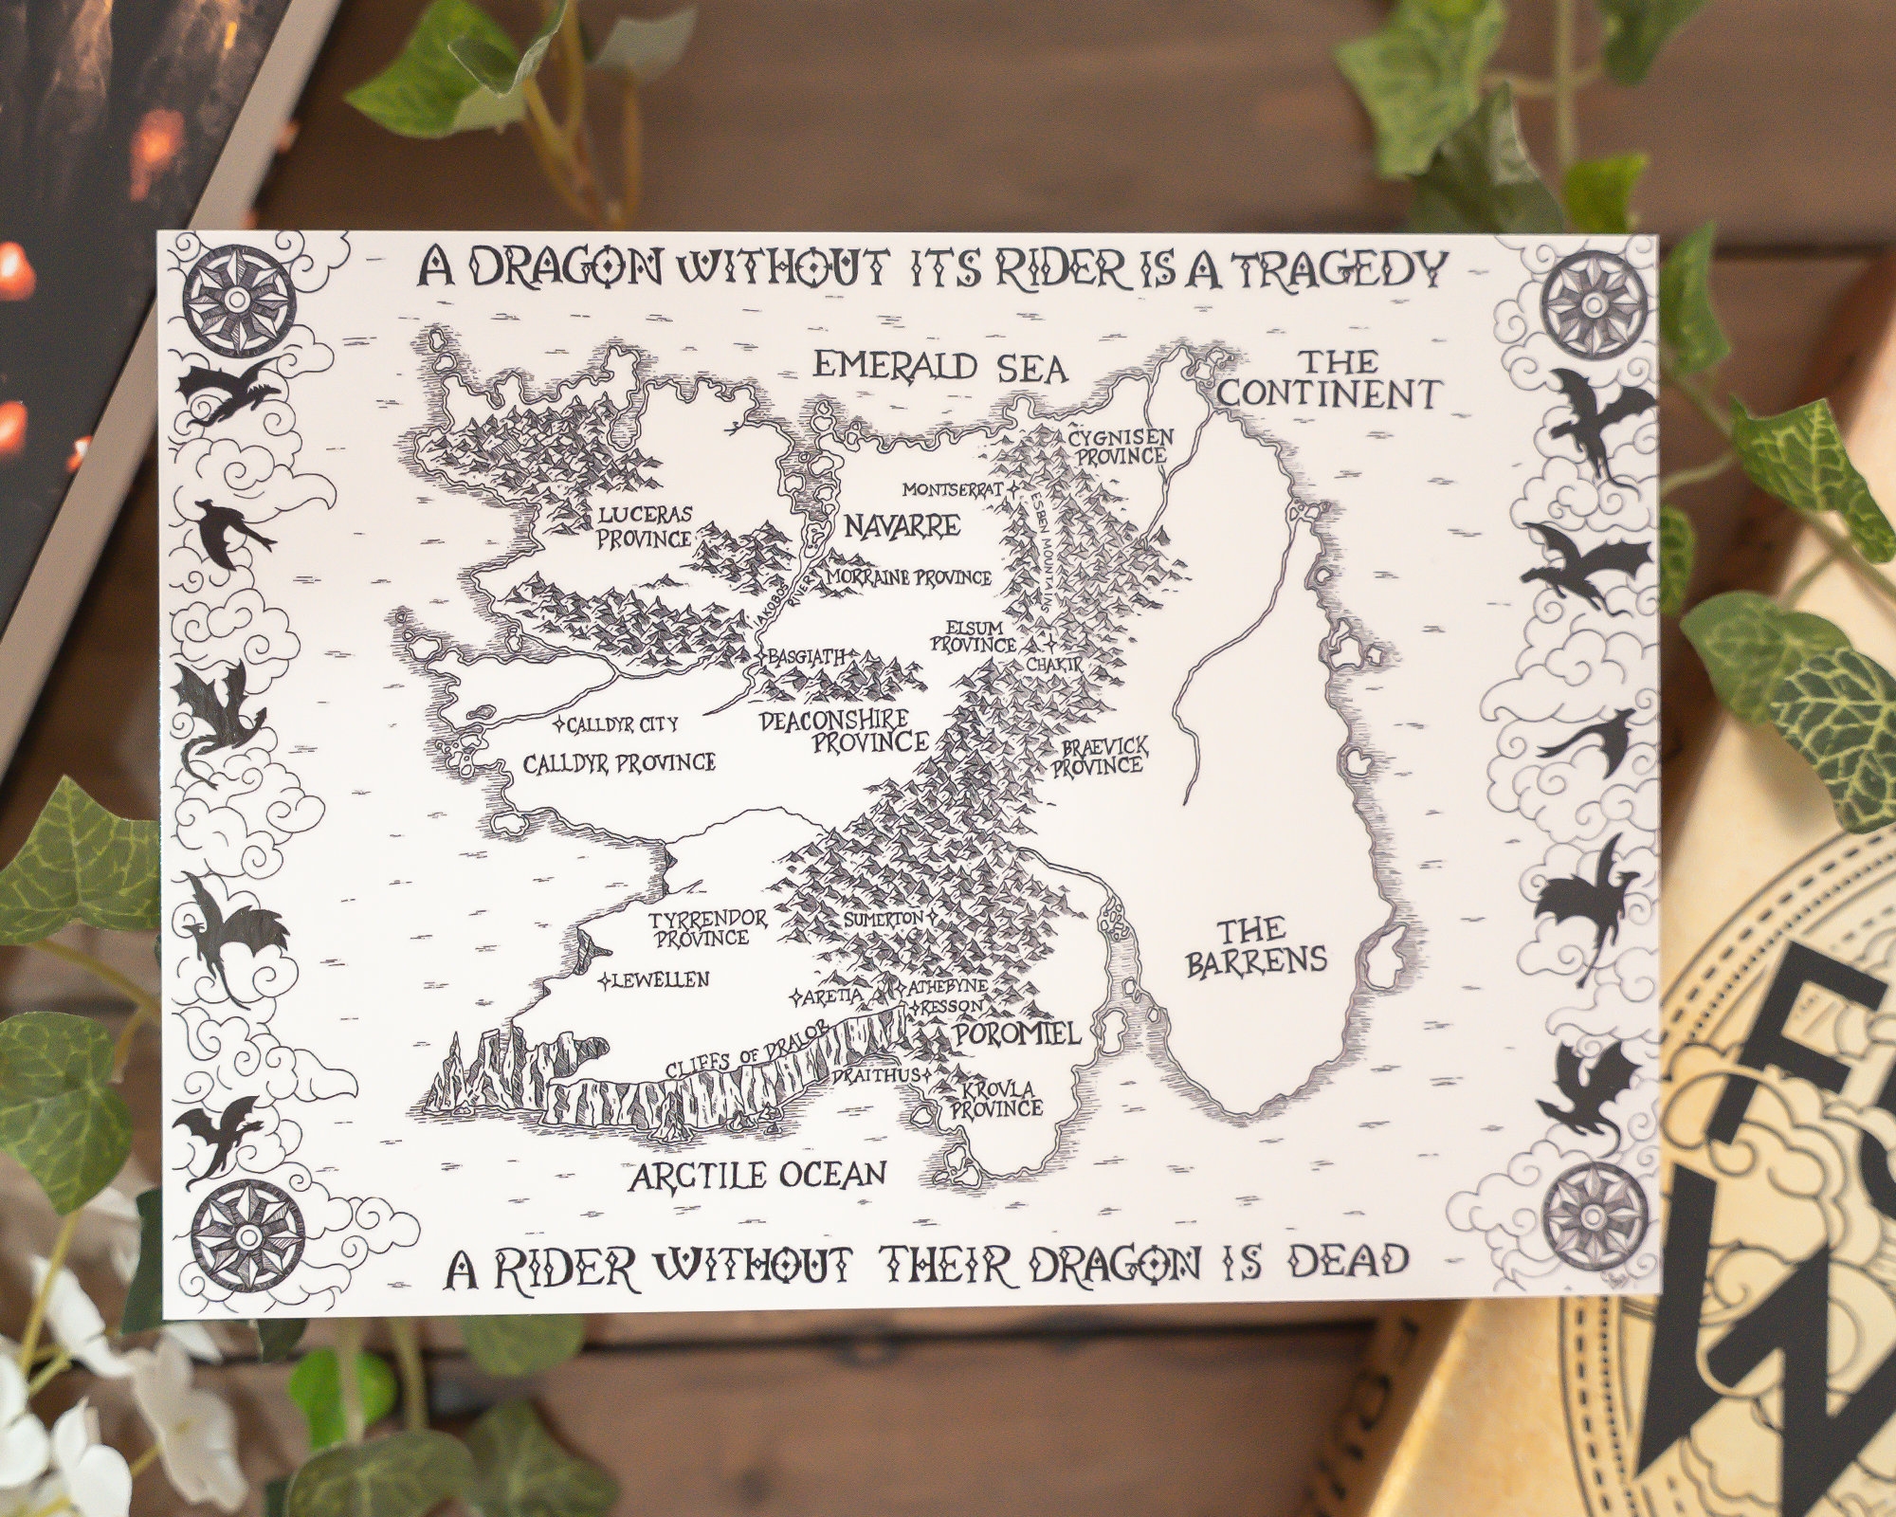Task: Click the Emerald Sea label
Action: [940, 367]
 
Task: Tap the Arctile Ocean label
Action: [758, 1176]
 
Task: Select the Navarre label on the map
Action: [902, 526]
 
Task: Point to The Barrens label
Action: [1255, 946]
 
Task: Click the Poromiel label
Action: [1017, 1033]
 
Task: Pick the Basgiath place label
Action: [808, 656]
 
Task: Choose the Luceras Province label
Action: [645, 526]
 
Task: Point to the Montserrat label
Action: [952, 490]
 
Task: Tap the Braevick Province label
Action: [1099, 757]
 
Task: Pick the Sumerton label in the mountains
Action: [884, 919]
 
